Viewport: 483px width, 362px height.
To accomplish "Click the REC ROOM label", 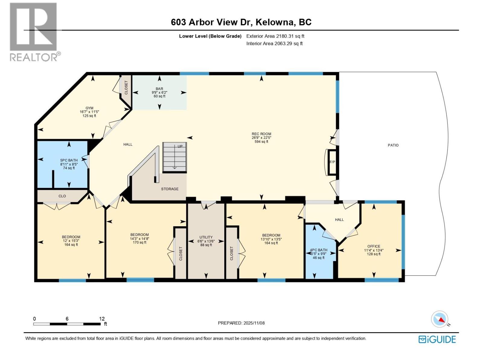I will tap(261, 134).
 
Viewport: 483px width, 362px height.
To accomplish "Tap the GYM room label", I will tap(89, 108).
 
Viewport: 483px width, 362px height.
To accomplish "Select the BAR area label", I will tap(159, 89).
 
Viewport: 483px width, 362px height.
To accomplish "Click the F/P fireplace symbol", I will tap(332, 162).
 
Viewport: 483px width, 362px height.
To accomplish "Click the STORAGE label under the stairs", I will tap(170, 189).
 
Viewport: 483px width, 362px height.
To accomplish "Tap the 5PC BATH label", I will tap(69, 160).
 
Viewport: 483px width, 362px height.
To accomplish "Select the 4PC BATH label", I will tap(318, 250).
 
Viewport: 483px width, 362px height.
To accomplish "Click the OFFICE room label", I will tap(374, 246).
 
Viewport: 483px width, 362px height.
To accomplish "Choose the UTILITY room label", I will tap(206, 237).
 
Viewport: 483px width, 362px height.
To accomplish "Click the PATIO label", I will tap(393, 145).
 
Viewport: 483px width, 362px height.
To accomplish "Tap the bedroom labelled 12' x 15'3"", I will tap(71, 237).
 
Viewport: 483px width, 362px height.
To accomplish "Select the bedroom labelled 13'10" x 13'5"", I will tap(271, 235).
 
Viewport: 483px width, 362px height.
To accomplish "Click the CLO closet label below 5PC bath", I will tap(62, 196).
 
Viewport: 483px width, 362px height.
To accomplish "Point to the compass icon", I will tap(440, 319).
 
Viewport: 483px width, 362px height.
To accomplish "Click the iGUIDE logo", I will tap(437, 339).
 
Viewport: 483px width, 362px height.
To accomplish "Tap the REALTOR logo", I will tap(34, 32).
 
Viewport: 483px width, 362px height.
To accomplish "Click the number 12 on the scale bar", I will tap(102, 319).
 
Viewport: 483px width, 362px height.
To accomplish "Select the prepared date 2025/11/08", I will tap(254, 323).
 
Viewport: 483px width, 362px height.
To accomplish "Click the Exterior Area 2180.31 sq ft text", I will tap(275, 36).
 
